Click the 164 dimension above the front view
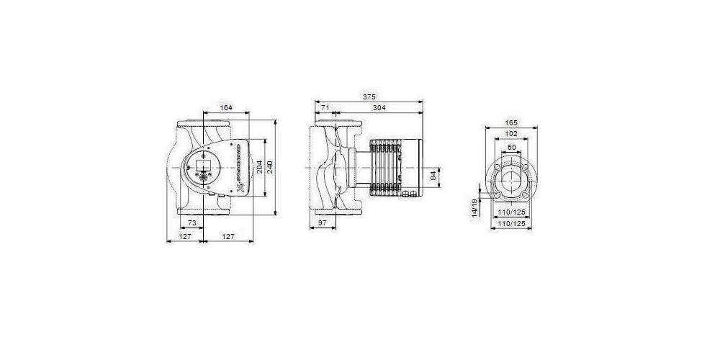point(225,108)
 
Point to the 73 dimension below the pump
point(192,224)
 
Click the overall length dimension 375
point(369,97)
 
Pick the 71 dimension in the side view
point(326,108)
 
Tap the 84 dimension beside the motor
point(433,175)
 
